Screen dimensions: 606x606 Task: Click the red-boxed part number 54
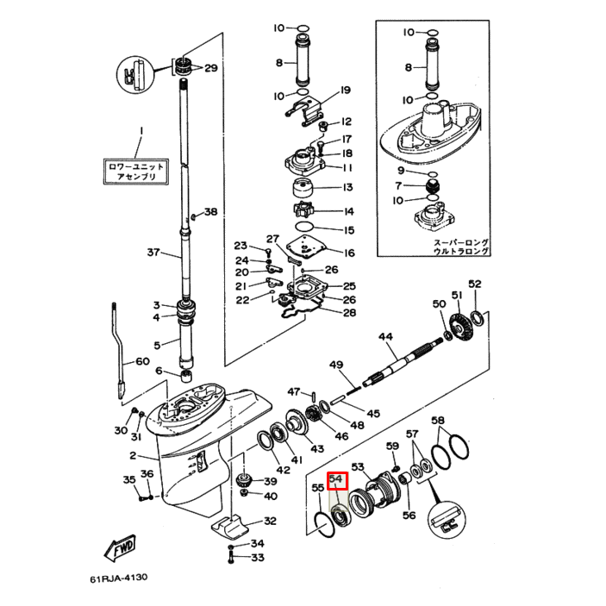pos(336,479)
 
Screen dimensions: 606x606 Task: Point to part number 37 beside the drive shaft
pos(153,253)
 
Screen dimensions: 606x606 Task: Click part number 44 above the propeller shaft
pos(384,337)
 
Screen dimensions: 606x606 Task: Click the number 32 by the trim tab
pos(270,521)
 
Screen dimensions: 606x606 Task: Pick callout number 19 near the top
pos(345,91)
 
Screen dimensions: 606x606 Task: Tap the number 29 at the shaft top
pos(210,68)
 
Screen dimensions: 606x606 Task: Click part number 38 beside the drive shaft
pos(211,213)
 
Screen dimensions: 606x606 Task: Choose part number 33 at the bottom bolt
pos(257,558)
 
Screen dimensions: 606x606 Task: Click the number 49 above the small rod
pos(336,365)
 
